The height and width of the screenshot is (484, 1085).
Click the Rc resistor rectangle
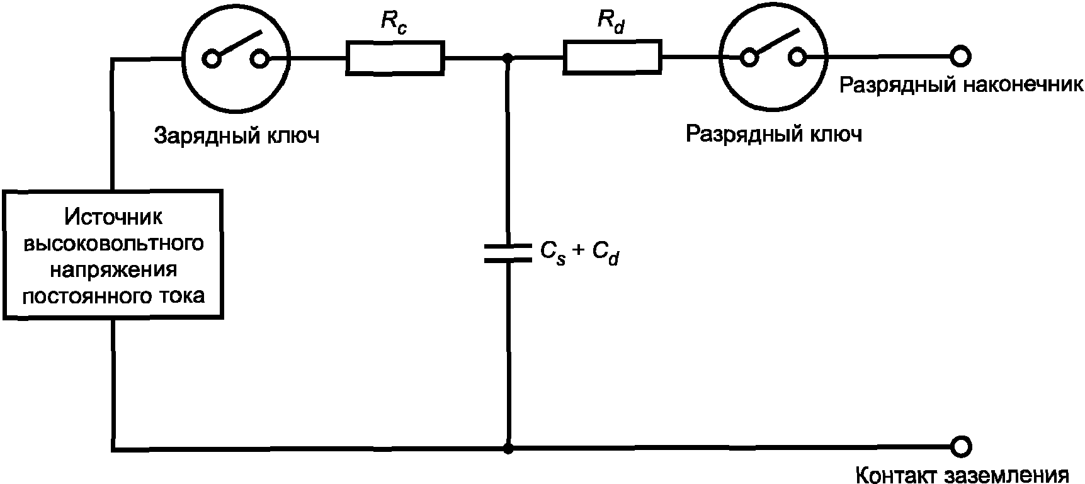395,59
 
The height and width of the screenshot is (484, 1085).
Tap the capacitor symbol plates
508,252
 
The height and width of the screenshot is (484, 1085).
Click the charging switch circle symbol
236,58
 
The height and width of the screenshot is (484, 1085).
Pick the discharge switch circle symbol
773,57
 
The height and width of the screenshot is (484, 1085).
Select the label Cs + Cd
579,252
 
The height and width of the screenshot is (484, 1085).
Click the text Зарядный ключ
236,136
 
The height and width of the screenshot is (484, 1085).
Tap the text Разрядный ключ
773,134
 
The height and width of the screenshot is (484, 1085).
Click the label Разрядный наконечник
961,85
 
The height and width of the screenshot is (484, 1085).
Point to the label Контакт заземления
962,473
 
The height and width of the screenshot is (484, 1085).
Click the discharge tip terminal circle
960,57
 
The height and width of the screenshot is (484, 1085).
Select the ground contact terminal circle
961,447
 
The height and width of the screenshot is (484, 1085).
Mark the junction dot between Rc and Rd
508,59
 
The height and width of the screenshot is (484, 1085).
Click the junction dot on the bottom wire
508,449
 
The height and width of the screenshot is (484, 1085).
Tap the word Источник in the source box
113,217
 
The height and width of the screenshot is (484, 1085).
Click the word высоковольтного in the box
113,244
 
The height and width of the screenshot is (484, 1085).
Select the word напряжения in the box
113,269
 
